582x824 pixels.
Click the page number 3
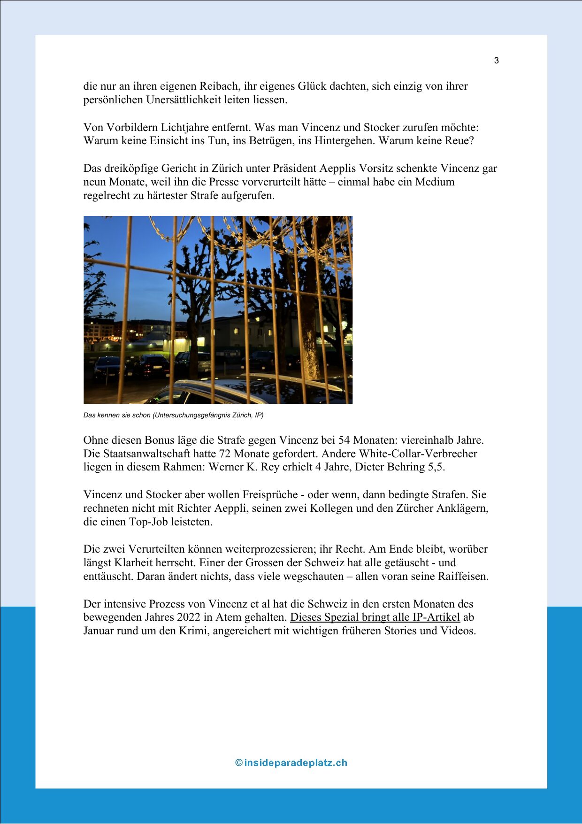click(496, 61)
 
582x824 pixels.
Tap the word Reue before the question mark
click(458, 141)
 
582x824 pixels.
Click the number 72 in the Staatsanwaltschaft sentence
click(225, 454)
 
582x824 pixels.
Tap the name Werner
click(225, 467)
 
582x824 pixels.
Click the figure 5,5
click(437, 467)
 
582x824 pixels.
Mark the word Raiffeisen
click(462, 577)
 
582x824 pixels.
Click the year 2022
click(188, 617)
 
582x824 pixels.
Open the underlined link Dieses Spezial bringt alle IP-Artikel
click(375, 617)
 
